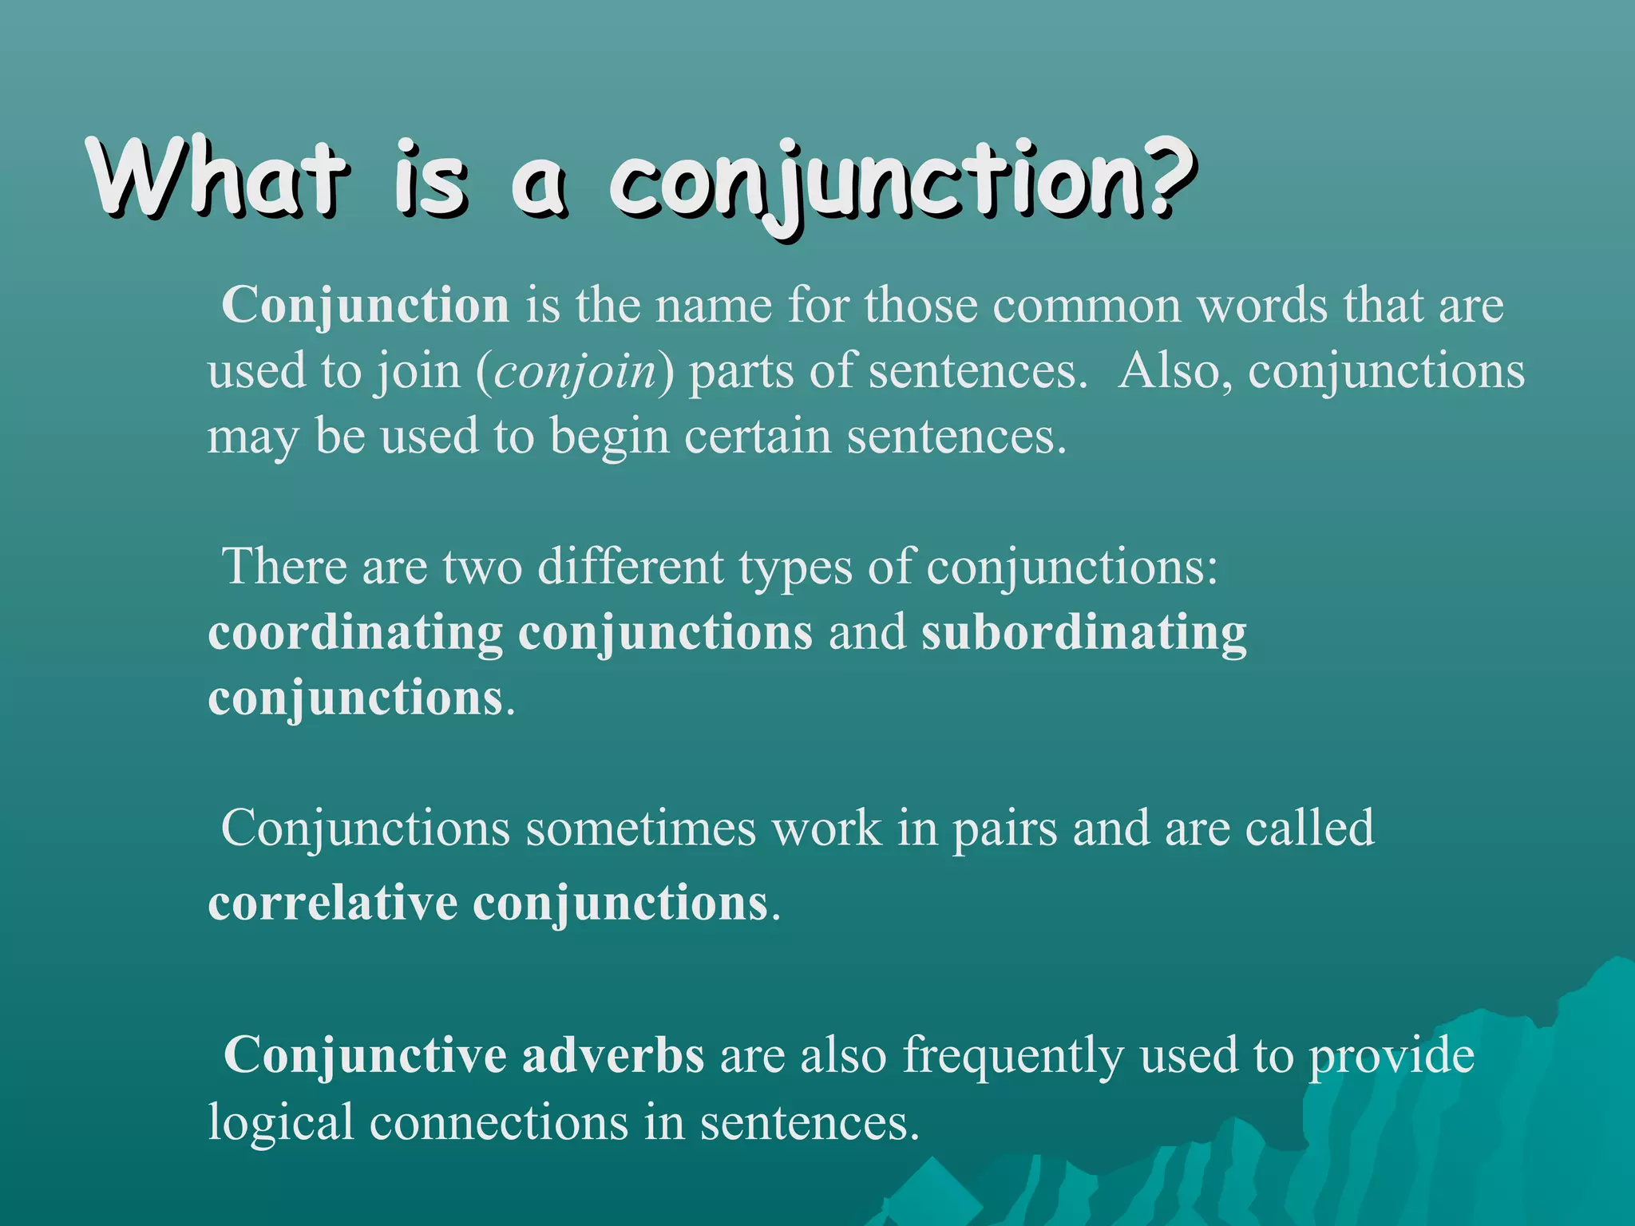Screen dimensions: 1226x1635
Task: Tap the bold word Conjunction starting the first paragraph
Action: pyautogui.click(x=366, y=306)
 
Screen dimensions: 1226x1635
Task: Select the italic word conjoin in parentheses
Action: pyautogui.click(x=575, y=373)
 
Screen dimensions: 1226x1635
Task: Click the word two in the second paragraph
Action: pyautogui.click(x=482, y=568)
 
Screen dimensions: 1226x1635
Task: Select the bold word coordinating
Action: pyautogui.click(x=355, y=633)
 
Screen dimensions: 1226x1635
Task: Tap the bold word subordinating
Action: pyautogui.click(x=1083, y=633)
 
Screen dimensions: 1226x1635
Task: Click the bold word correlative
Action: pyautogui.click(x=332, y=904)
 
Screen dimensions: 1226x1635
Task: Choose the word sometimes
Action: pyautogui.click(x=640, y=829)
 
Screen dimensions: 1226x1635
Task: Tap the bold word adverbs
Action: pyautogui.click(x=613, y=1055)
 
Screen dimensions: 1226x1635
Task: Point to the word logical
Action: pyautogui.click(x=280, y=1123)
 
